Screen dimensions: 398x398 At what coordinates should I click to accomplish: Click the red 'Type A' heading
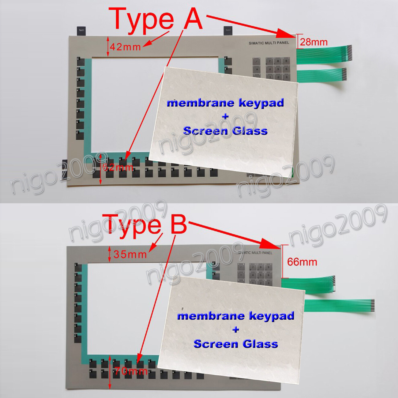click(x=155, y=19)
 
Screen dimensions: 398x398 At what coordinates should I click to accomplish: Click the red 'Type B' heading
click(x=145, y=224)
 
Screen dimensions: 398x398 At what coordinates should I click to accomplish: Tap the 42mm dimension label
click(x=125, y=47)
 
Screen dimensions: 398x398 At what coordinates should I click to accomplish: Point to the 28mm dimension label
click(x=314, y=42)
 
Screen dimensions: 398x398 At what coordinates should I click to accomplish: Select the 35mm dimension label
click(x=130, y=254)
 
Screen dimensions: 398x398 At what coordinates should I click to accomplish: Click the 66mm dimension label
click(x=302, y=262)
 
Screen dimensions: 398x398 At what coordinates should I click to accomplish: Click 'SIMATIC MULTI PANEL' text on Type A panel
click(x=268, y=43)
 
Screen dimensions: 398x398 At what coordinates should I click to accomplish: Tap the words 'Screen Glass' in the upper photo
click(x=225, y=131)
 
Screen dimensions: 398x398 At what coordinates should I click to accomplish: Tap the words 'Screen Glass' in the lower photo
click(x=236, y=344)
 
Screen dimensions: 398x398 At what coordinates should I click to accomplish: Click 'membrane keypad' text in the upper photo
click(x=225, y=103)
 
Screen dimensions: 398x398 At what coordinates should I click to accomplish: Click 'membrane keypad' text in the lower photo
click(x=236, y=316)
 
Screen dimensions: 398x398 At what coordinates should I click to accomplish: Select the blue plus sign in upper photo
click(x=226, y=116)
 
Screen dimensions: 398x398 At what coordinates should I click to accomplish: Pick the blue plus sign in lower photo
click(x=236, y=330)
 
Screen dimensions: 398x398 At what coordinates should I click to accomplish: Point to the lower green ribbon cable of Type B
click(x=340, y=306)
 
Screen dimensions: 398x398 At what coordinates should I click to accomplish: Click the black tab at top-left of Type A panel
click(x=81, y=31)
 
